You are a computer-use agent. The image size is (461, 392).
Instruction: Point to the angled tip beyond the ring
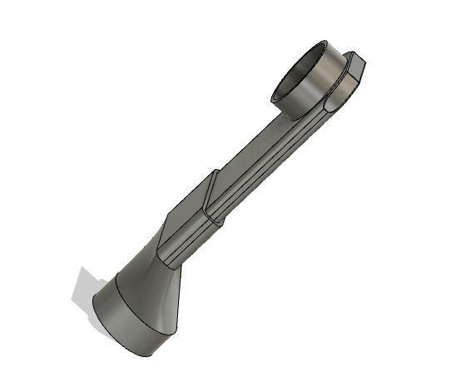pyautogui.click(x=355, y=62)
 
